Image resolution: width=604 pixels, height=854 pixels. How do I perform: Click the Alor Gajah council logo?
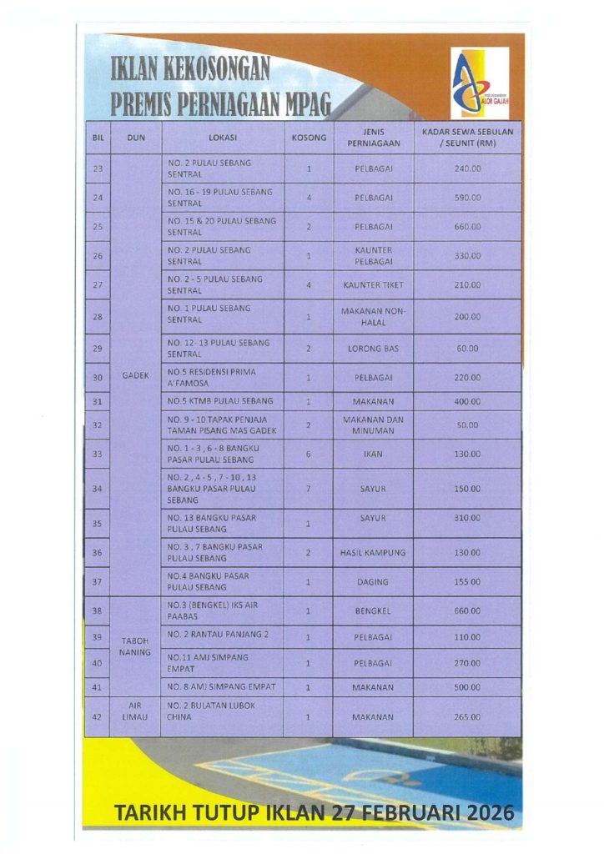click(479, 83)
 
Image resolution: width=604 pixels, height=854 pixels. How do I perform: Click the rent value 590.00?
click(467, 198)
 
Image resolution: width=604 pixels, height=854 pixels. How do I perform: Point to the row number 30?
click(98, 378)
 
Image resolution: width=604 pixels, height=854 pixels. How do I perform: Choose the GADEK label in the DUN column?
click(135, 375)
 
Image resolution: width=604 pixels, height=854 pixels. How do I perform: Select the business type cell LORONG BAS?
click(373, 349)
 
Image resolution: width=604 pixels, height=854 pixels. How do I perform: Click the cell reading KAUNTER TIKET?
click(373, 285)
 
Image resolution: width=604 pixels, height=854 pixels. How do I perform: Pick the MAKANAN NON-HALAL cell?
click(373, 317)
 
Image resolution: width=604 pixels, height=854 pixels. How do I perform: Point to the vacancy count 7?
click(309, 489)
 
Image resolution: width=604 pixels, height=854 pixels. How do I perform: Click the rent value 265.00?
click(467, 717)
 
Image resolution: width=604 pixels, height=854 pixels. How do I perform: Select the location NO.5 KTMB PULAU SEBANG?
click(220, 401)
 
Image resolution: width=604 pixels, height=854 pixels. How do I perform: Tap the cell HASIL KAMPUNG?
click(373, 553)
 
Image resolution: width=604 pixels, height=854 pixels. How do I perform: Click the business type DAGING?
click(373, 582)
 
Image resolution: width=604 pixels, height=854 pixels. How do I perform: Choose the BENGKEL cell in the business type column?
click(373, 610)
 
